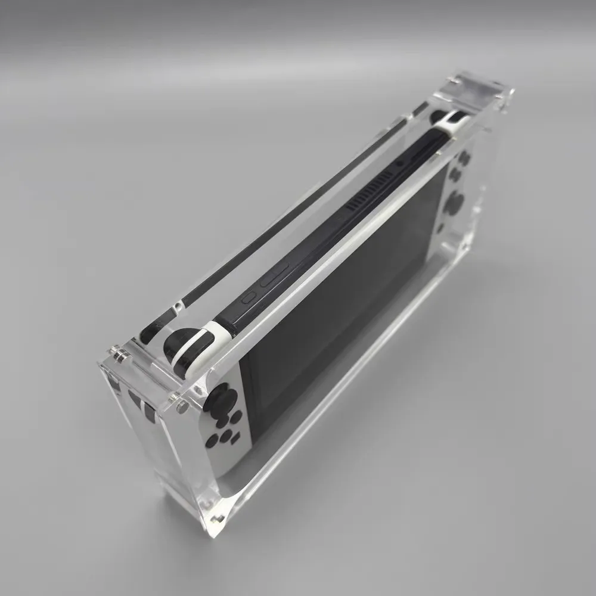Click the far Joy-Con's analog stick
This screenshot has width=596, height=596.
454,203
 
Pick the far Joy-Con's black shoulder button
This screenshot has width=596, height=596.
440,116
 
